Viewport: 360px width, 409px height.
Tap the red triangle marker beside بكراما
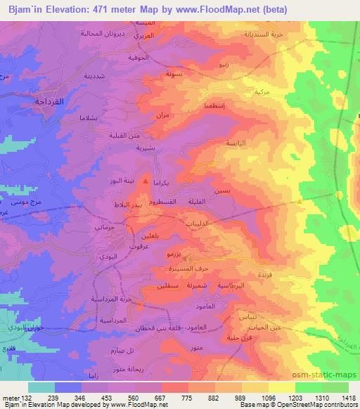[146, 182]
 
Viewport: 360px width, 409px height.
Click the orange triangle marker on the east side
[300, 202]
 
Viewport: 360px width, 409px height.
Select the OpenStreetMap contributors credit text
[318, 405]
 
